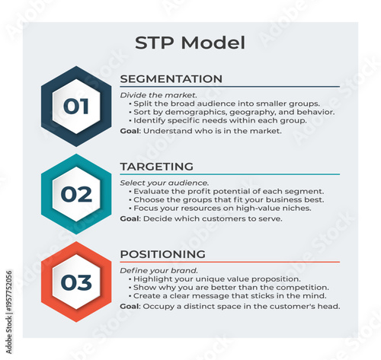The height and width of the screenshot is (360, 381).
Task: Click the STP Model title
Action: tap(190, 43)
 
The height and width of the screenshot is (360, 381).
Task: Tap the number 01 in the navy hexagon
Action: tap(75, 106)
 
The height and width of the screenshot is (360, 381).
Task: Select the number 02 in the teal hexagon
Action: tap(75, 194)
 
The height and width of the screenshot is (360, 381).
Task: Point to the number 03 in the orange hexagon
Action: tap(75, 282)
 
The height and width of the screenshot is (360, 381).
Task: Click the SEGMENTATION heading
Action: tap(171, 79)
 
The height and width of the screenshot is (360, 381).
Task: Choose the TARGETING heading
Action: tap(156, 167)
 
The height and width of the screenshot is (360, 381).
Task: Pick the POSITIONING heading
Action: tap(162, 254)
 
